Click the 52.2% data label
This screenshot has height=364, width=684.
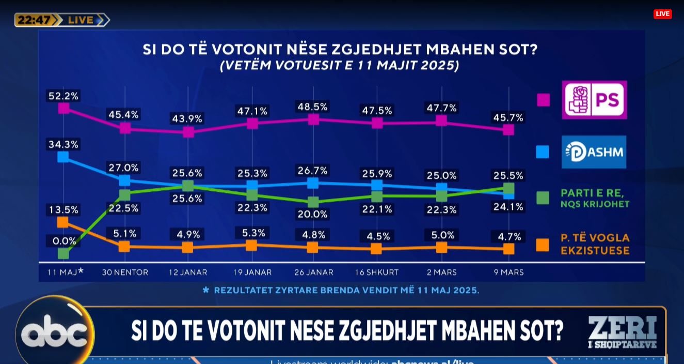[63, 96]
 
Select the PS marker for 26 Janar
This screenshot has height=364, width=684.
[313, 119]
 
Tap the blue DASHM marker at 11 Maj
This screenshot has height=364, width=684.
[63, 157]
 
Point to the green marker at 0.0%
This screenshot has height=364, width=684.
[63, 253]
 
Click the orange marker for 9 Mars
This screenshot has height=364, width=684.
[508, 249]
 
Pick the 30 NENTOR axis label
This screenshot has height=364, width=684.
[125, 272]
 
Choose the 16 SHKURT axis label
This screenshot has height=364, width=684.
[377, 272]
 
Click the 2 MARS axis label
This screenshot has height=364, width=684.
[441, 272]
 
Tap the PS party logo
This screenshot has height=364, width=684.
[594, 100]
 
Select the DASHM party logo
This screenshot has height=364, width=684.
[594, 152]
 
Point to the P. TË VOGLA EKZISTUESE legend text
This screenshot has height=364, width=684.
[595, 244]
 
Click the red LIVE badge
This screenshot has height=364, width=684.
[662, 14]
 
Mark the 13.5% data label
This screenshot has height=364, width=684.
[63, 210]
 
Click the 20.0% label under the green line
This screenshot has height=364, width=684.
[313, 214]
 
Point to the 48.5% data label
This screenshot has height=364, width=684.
[313, 107]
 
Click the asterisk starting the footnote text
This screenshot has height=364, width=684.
[206, 290]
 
